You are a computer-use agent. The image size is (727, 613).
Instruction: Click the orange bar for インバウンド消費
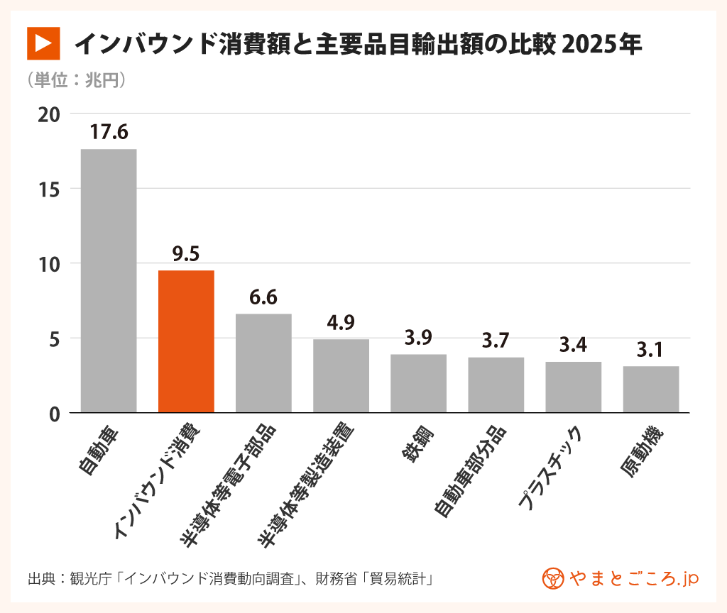[186, 341]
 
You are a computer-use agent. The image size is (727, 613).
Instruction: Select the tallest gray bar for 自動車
[109, 280]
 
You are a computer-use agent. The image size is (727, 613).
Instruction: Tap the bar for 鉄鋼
[418, 383]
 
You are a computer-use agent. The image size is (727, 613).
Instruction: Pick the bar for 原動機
[651, 389]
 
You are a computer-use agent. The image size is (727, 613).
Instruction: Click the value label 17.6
[109, 133]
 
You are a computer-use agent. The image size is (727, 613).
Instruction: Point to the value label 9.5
[186, 255]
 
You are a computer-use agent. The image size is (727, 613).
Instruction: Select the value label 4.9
[341, 324]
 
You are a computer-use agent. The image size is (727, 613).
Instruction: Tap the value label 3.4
[573, 346]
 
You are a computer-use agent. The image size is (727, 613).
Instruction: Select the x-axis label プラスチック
[550, 468]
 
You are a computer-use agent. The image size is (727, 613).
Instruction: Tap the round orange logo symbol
[552, 578]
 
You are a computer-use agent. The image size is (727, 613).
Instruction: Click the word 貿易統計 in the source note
[400, 578]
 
